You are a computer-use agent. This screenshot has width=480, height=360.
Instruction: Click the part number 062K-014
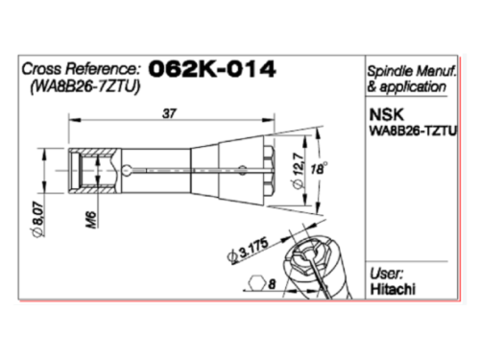coord(212,69)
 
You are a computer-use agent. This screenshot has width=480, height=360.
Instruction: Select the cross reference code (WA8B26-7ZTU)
coord(85,86)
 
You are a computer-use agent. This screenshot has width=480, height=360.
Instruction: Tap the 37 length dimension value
coord(169,113)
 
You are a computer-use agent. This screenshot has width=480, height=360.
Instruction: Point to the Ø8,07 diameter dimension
coord(38,219)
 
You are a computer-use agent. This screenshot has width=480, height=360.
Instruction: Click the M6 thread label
coord(92,220)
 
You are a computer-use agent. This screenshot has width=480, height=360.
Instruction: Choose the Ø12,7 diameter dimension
coord(298,172)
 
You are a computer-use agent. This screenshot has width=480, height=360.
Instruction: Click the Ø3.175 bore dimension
coord(248,251)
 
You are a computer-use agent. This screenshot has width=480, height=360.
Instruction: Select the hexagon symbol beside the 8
coord(257,283)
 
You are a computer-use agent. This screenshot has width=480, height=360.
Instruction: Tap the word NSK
coord(387,115)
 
